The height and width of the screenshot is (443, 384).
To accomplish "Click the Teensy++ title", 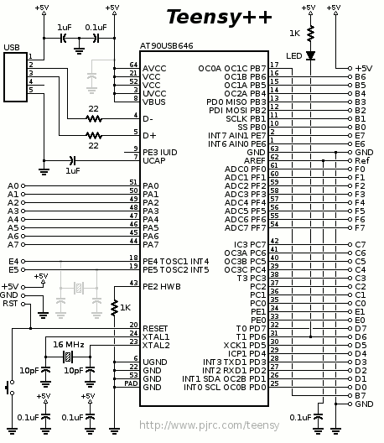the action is pos(219,17).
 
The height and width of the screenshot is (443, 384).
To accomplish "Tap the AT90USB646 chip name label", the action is pos(167,46).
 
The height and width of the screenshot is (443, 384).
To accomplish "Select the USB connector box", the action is pos(16,77).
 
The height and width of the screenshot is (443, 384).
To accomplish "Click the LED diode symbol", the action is pos(310,55).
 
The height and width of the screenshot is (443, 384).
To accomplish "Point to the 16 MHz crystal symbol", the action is pos(68,357).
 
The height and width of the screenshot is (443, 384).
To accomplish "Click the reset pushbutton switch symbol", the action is pos(10,388).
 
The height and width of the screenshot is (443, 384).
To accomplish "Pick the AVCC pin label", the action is pos(154,69).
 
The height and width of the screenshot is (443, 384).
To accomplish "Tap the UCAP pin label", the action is pos(154,161).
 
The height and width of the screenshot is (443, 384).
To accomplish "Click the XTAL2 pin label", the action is pos(156,345).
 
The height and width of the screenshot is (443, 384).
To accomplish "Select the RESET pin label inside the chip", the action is pos(155,329).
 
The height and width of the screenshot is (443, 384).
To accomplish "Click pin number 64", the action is pos(133,65).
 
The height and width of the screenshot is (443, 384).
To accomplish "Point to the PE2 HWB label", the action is pos(162,287).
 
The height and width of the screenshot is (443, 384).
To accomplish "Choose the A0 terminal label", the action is pos(13,186).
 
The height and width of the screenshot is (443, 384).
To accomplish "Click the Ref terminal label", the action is pos(362,161).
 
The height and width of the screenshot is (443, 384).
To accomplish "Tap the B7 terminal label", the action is pos(361,396).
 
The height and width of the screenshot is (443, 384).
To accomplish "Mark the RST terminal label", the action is pos(10,304).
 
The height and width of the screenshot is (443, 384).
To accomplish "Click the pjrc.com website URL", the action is pos(210,425).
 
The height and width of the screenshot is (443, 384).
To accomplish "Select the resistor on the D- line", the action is pos(94,118).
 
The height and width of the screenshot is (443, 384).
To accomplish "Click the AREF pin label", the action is pos(255,161).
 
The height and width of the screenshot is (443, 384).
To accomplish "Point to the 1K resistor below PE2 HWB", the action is pos(114,308).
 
